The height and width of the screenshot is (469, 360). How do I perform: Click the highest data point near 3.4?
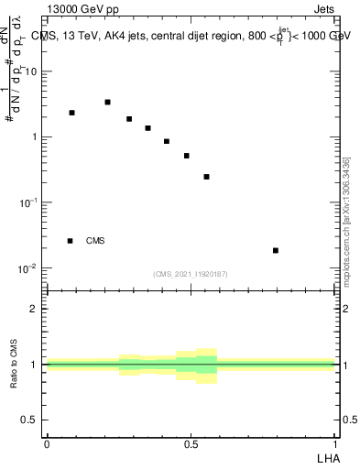[107, 103]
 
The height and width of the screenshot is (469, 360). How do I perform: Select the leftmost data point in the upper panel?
[71, 113]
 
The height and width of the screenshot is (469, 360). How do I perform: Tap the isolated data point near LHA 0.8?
[276, 250]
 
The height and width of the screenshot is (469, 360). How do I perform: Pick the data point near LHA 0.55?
[207, 177]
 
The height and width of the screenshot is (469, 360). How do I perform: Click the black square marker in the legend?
[70, 241]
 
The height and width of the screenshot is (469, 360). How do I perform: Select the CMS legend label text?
[95, 241]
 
